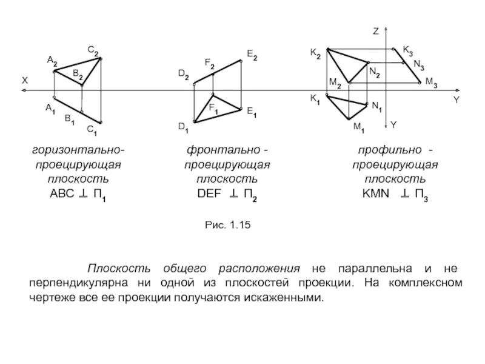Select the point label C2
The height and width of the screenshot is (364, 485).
pos(93,52)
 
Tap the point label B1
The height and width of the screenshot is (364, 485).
pos(70,120)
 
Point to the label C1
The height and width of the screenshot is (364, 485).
pos(92,129)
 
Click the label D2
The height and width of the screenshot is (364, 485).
pos(183,75)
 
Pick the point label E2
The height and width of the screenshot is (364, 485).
pos(252,56)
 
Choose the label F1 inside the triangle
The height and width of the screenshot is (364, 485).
pos(214,108)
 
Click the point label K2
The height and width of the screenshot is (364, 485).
pos(316,53)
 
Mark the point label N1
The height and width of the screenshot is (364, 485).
pos(376,107)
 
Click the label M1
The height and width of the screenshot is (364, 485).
pos(359,129)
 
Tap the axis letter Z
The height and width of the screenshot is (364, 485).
pos(376,30)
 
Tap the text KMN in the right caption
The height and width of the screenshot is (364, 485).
pos(375,194)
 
